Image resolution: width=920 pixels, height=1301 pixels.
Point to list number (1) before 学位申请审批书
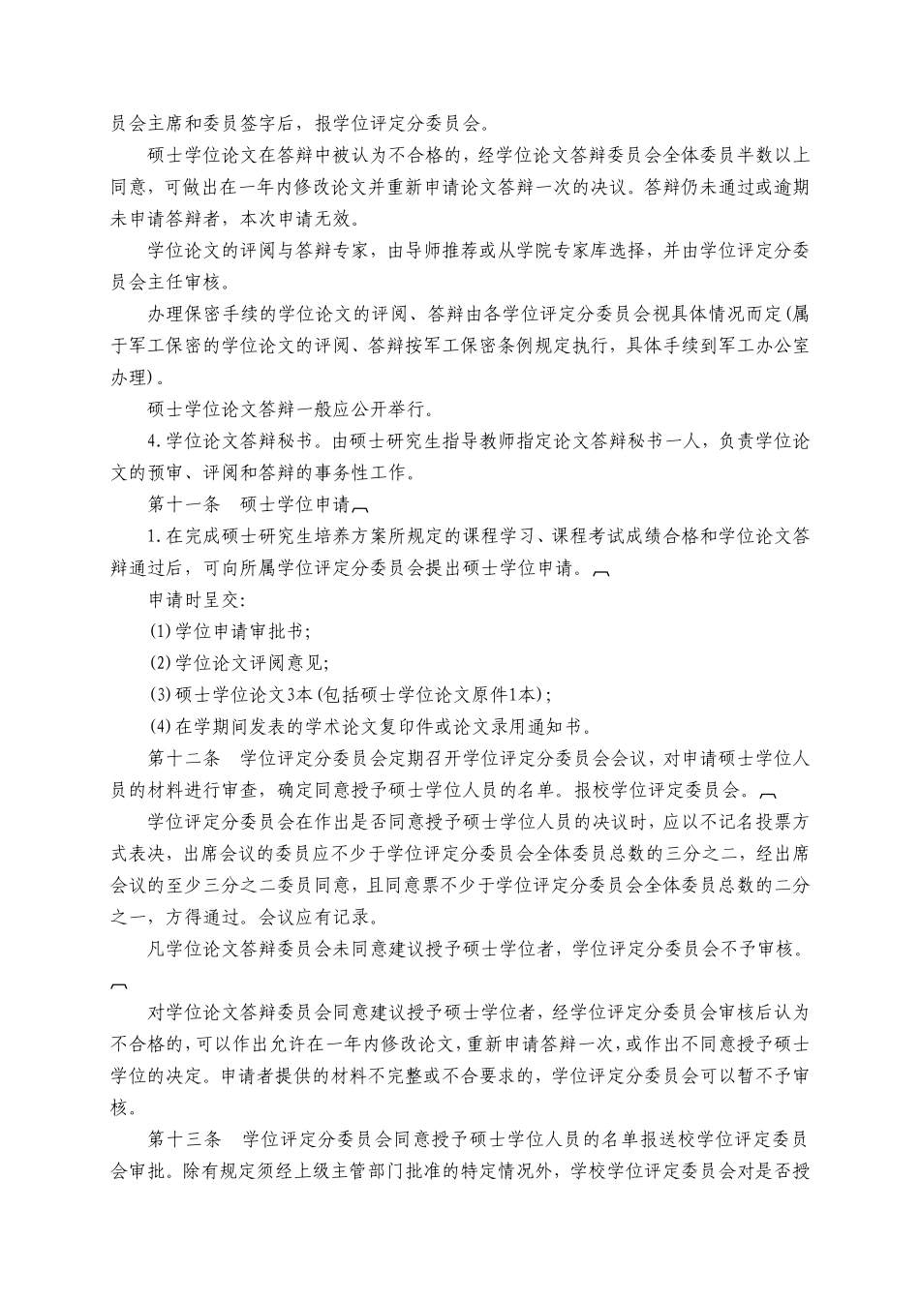pos(160,631)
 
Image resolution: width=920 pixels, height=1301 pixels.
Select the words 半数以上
pos(775,155)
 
